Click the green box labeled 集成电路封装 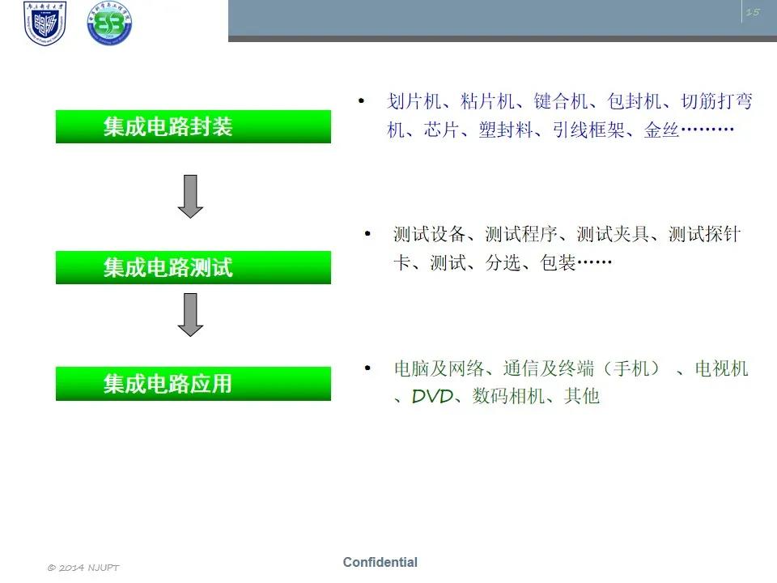click(193, 127)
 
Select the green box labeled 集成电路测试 click(193, 268)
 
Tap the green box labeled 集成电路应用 click(193, 384)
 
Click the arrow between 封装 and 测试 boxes click(190, 196)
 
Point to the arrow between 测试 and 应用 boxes click(190, 315)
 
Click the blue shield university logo click(45, 23)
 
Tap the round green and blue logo click(109, 23)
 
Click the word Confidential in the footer click(380, 562)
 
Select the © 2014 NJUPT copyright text click(83, 568)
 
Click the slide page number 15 click(753, 12)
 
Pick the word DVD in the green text click(432, 396)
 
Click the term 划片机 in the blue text click(414, 101)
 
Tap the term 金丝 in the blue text click(661, 130)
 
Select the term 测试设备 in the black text click(429, 234)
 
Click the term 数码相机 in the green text click(508, 396)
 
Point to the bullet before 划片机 click(361, 101)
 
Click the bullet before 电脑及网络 click(367, 368)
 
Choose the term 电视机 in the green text click(721, 368)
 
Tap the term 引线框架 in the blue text click(588, 130)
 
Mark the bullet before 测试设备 click(367, 233)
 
